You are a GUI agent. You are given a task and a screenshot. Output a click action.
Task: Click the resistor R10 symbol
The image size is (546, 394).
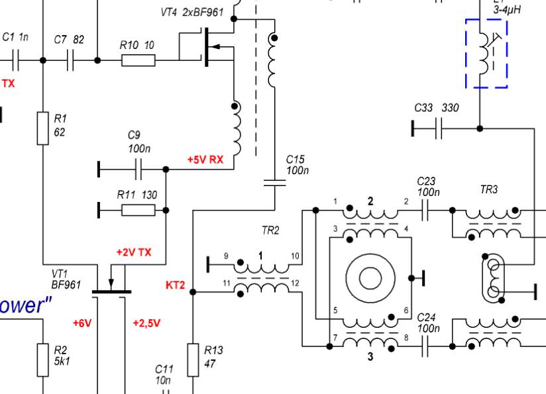(x=138, y=60)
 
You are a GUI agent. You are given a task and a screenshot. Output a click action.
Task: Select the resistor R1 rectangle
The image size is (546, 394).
(x=43, y=128)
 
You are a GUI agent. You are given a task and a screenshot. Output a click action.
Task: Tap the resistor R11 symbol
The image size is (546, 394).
(x=138, y=211)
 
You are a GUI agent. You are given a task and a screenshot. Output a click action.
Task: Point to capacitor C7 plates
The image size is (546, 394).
(x=71, y=60)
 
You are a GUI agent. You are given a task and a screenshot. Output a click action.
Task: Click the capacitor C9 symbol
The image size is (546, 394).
(x=138, y=170)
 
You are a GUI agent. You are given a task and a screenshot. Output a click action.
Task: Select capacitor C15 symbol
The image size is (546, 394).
(x=274, y=182)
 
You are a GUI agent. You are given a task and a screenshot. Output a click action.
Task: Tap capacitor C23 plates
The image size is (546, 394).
(x=425, y=210)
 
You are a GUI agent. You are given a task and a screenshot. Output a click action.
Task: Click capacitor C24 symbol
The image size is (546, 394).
(x=425, y=346)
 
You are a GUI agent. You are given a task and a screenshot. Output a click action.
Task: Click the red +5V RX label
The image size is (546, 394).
(x=205, y=160)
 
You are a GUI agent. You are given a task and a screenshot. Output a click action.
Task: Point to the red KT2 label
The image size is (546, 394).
(x=176, y=286)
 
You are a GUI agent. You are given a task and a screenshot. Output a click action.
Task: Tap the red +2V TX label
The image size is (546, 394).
(x=133, y=252)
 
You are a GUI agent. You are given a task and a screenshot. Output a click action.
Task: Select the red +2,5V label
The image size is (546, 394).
(x=146, y=323)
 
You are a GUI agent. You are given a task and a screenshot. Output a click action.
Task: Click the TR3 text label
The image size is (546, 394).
(x=488, y=189)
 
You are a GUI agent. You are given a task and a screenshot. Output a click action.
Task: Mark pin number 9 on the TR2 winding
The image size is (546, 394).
(x=225, y=256)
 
